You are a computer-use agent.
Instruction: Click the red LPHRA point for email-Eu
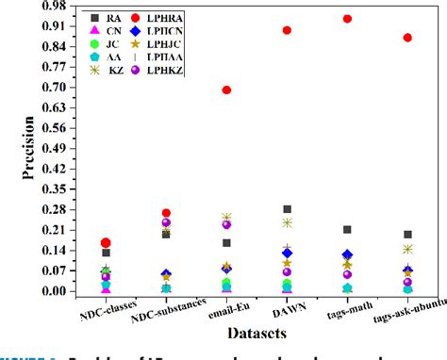click(226, 90)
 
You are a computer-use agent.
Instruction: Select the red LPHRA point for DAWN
click(287, 30)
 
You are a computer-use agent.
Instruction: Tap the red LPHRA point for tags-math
click(347, 18)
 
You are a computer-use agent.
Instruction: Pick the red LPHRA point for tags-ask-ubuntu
click(407, 38)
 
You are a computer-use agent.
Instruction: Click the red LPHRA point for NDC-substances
click(166, 213)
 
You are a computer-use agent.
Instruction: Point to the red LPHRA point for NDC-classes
click(106, 242)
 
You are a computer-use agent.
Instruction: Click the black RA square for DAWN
click(287, 209)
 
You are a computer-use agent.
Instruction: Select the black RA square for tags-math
click(347, 229)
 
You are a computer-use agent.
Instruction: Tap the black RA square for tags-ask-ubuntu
click(407, 235)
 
